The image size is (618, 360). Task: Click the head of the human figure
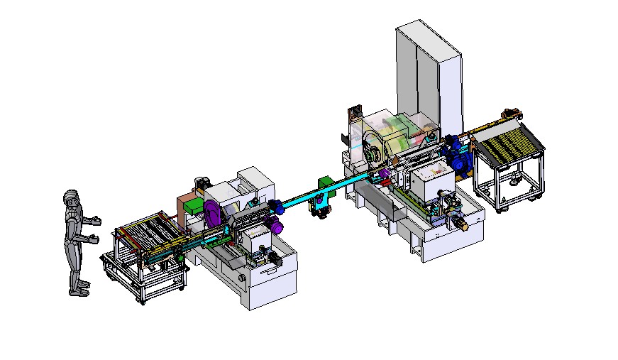tap(71, 198)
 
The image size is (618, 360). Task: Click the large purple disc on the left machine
tap(211, 212)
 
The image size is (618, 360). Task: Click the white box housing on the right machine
tap(431, 182)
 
